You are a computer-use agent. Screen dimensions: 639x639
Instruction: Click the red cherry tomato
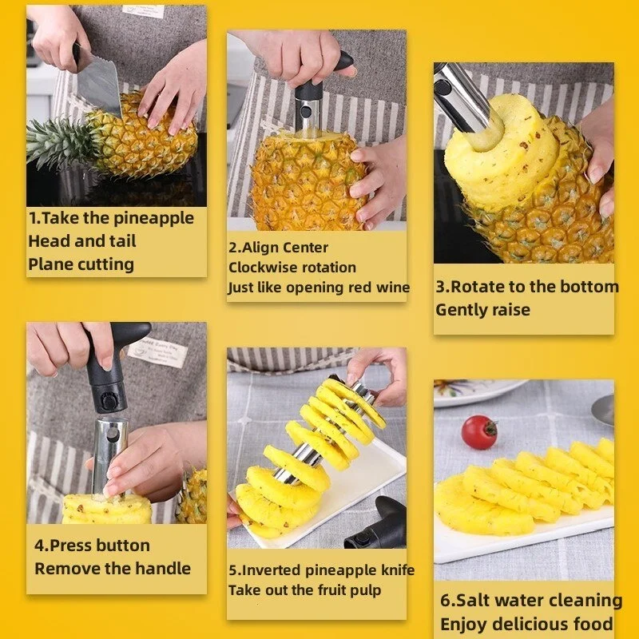click(x=479, y=432)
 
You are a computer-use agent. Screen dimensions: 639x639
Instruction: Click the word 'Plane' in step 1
click(x=51, y=264)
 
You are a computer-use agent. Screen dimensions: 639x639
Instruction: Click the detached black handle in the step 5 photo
click(x=379, y=527)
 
